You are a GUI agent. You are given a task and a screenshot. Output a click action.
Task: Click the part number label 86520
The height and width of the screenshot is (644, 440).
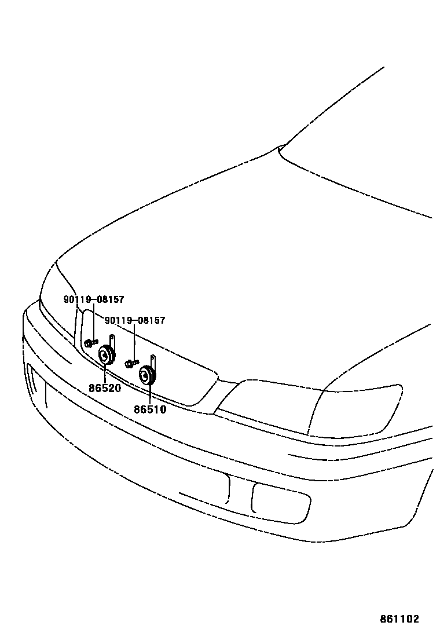tap(105, 388)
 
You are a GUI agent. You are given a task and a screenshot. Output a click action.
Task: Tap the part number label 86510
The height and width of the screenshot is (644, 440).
tap(150, 409)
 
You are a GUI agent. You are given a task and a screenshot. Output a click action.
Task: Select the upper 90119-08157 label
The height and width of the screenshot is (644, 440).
tap(93, 299)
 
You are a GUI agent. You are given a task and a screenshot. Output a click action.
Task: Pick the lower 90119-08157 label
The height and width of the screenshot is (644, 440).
tap(135, 320)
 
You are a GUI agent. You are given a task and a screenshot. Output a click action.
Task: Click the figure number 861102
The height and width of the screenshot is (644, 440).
tap(399, 619)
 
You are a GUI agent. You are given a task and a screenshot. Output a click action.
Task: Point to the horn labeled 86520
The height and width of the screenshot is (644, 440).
tap(105, 355)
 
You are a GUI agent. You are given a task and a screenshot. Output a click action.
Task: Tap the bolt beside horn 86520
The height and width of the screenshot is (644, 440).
tap(90, 343)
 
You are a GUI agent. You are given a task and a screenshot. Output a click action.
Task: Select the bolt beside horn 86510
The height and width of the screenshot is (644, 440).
tap(131, 364)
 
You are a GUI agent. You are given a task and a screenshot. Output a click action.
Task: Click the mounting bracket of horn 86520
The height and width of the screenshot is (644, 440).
tap(112, 343)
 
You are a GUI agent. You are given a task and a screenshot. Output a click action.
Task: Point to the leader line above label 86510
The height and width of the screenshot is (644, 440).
tap(149, 396)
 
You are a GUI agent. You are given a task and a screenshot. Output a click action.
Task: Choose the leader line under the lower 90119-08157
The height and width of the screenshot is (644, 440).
tap(134, 342)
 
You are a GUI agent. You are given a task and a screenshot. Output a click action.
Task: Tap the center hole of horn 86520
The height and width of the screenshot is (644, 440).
tap(105, 355)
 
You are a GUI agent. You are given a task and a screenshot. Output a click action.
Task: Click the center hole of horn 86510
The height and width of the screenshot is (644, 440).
tap(145, 376)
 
